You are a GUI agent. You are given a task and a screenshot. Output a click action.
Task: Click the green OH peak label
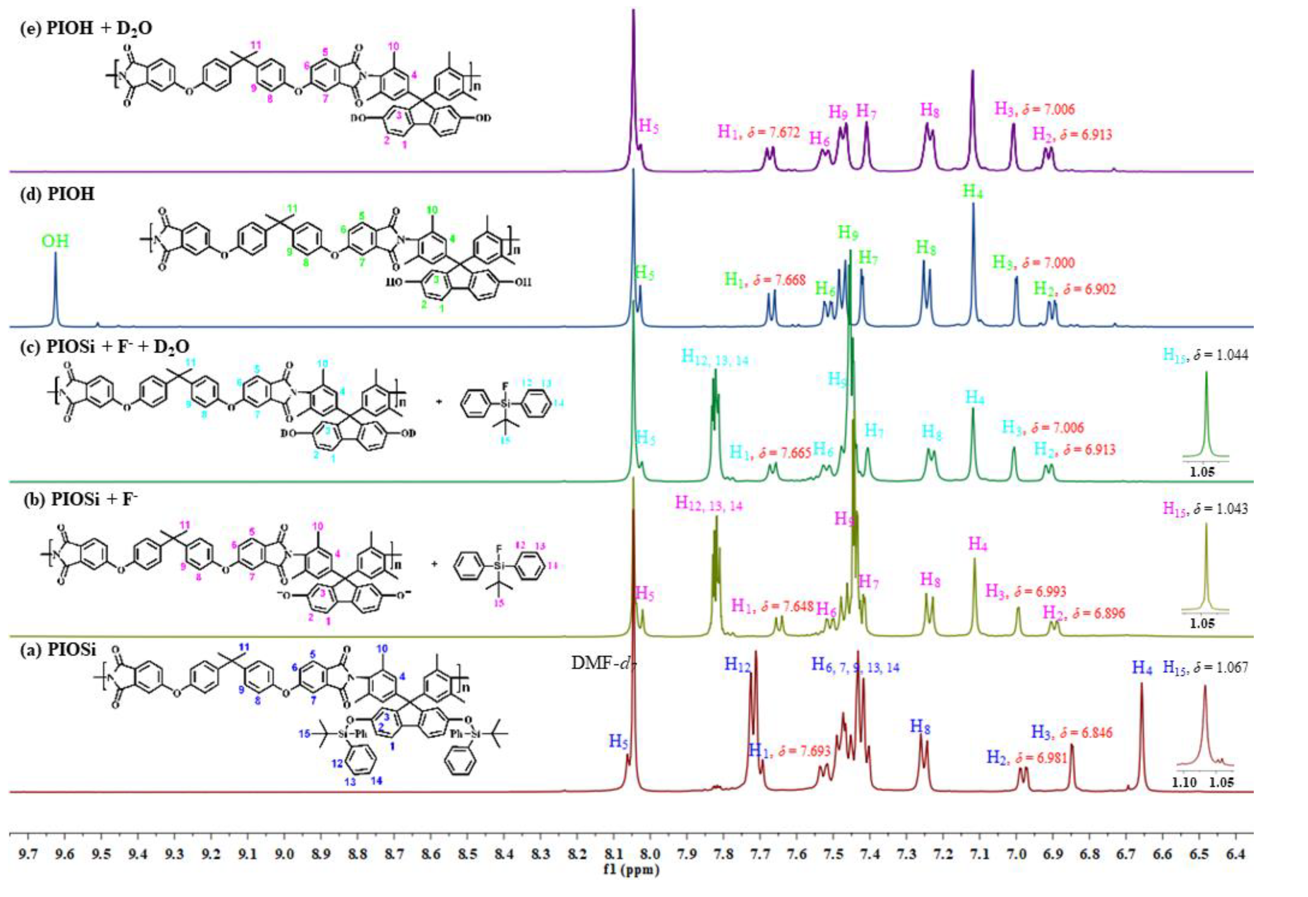pyautogui.click(x=55, y=242)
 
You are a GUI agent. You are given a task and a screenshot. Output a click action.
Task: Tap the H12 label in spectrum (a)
pyautogui.click(x=738, y=665)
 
